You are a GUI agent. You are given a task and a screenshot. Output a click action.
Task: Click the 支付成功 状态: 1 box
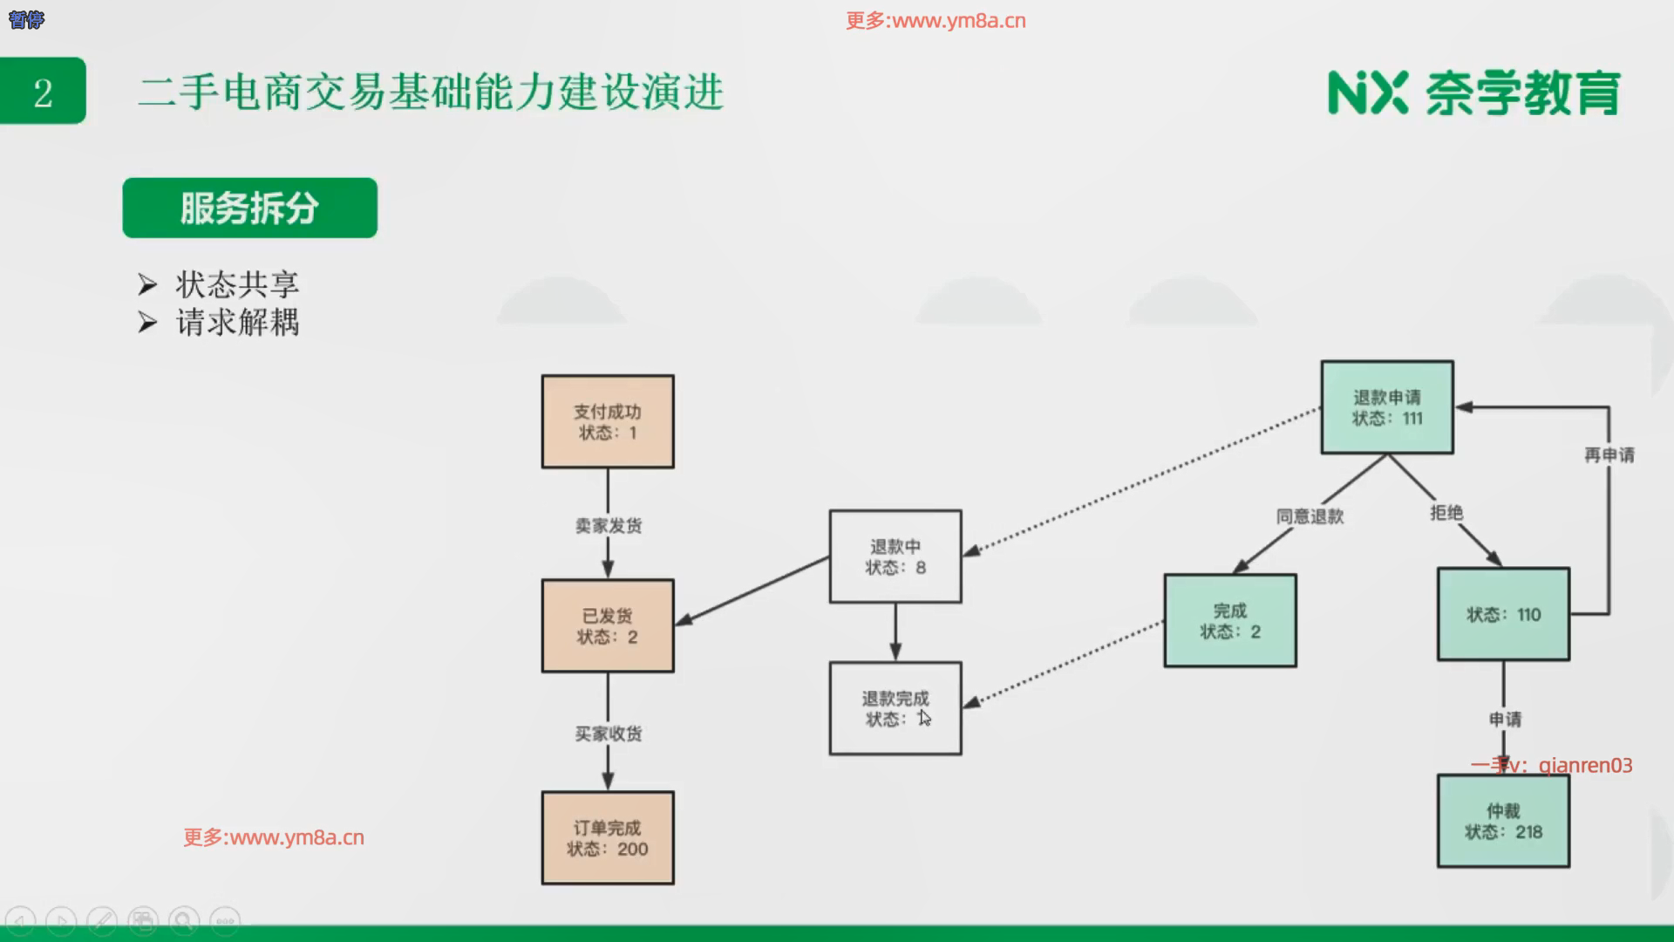click(608, 422)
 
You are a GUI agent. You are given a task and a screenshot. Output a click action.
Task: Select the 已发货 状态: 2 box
click(608, 626)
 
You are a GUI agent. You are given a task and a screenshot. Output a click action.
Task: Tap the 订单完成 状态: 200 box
click(608, 838)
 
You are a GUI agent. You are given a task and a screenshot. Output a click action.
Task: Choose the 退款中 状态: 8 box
click(895, 556)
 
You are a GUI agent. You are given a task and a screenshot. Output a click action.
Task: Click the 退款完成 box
click(895, 708)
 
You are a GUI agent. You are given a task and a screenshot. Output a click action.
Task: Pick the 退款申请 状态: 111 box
click(1387, 407)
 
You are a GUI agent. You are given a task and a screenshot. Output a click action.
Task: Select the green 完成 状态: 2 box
click(1230, 621)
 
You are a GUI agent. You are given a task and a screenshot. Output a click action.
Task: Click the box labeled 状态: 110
click(1503, 614)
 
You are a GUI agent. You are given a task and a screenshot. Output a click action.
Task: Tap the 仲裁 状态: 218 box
click(1503, 822)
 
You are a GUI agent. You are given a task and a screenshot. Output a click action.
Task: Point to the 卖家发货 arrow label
click(609, 526)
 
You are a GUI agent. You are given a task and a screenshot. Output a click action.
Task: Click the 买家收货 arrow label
click(609, 734)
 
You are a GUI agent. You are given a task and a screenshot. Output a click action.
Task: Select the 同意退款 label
click(1310, 516)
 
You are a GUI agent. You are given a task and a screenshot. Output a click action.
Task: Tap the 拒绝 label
click(1446, 513)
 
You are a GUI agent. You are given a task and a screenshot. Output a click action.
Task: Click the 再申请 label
click(1609, 455)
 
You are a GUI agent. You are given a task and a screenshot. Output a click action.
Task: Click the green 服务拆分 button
click(249, 208)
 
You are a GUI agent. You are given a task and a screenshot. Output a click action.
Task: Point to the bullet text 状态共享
click(237, 284)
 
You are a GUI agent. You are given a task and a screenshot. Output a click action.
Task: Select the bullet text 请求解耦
click(237, 323)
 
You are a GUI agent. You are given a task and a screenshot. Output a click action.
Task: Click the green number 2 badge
click(43, 92)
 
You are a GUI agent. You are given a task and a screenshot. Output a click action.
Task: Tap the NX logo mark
click(1367, 92)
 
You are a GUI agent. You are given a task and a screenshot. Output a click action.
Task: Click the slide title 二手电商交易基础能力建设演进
click(431, 92)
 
